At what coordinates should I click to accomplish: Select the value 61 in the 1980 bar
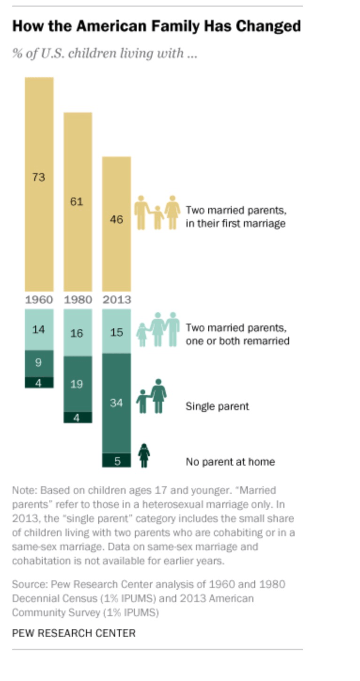pyautogui.click(x=77, y=202)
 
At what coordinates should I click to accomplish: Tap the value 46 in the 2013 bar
pyautogui.click(x=116, y=219)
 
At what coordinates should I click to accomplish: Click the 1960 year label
pyautogui.click(x=39, y=300)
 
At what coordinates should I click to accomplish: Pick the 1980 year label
pyautogui.click(x=78, y=300)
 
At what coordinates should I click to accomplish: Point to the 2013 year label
pyautogui.click(x=117, y=300)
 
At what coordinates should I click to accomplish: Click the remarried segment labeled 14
pyautogui.click(x=39, y=330)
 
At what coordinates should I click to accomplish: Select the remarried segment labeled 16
pyautogui.click(x=77, y=333)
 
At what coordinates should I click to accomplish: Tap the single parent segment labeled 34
pyautogui.click(x=116, y=403)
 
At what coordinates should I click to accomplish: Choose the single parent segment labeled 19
pyautogui.click(x=77, y=384)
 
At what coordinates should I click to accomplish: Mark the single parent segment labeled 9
pyautogui.click(x=39, y=363)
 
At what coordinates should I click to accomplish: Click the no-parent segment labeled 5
pyautogui.click(x=117, y=461)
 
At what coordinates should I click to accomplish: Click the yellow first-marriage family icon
pyautogui.click(x=157, y=213)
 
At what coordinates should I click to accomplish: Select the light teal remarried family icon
pyautogui.click(x=158, y=329)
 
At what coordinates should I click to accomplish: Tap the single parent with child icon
pyautogui.click(x=152, y=396)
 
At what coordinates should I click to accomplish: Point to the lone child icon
pyautogui.click(x=144, y=456)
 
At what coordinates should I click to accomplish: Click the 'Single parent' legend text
pyautogui.click(x=217, y=406)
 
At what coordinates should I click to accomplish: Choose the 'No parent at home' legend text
pyautogui.click(x=230, y=462)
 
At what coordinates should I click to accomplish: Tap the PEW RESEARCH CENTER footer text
pyautogui.click(x=74, y=633)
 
